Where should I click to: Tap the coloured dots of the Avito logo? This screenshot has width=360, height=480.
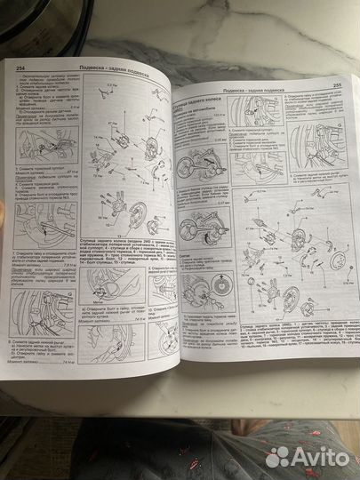(278, 455)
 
